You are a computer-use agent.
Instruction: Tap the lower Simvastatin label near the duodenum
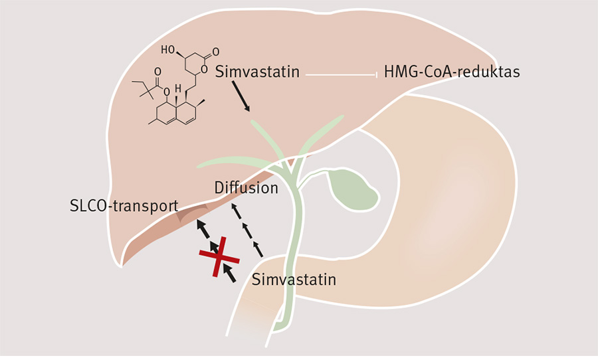tap(294, 280)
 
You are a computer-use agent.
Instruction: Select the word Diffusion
tap(246, 188)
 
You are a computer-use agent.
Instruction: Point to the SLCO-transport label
tap(124, 206)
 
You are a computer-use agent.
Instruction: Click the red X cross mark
tap(217, 255)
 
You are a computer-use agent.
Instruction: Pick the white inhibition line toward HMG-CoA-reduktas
tap(342, 74)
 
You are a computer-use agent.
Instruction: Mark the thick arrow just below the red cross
tap(228, 272)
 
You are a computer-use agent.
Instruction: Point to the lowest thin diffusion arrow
tap(258, 250)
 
